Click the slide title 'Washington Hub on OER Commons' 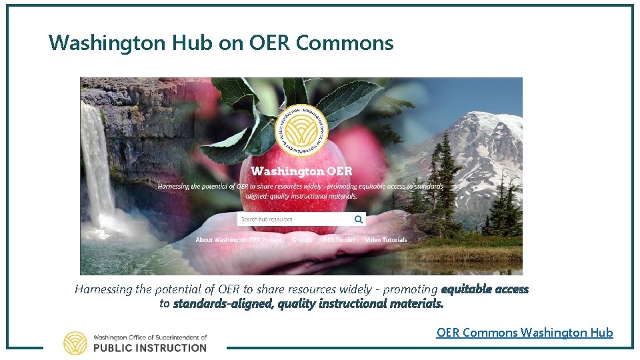[x=221, y=43]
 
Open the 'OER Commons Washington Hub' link [x=524, y=332]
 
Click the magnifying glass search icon [x=359, y=219]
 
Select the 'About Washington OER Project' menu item [x=238, y=240]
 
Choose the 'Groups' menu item [x=302, y=240]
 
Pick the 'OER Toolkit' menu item [x=339, y=240]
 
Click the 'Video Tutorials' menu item [x=386, y=240]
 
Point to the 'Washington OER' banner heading [x=301, y=171]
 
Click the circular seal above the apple [x=303, y=127]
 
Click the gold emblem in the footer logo [x=75, y=343]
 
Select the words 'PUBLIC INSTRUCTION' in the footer [x=150, y=347]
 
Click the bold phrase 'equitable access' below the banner [x=485, y=289]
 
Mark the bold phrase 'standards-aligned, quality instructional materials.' [x=308, y=304]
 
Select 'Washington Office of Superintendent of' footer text [x=150, y=337]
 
